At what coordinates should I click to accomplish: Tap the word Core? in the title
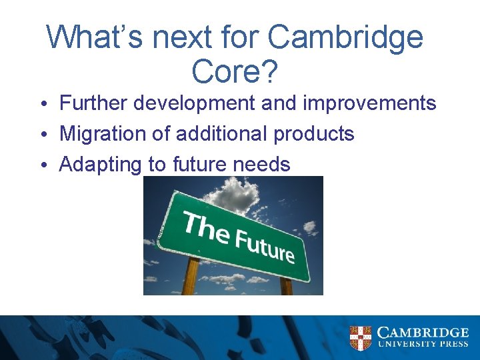click(233, 71)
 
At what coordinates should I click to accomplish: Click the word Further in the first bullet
click(93, 103)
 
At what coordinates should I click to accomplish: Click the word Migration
click(102, 134)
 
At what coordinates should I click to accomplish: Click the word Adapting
click(101, 165)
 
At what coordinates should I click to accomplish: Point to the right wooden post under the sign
click(286, 285)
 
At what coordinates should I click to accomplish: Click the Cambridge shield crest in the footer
click(361, 338)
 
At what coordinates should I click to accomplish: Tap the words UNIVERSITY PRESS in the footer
click(423, 345)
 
